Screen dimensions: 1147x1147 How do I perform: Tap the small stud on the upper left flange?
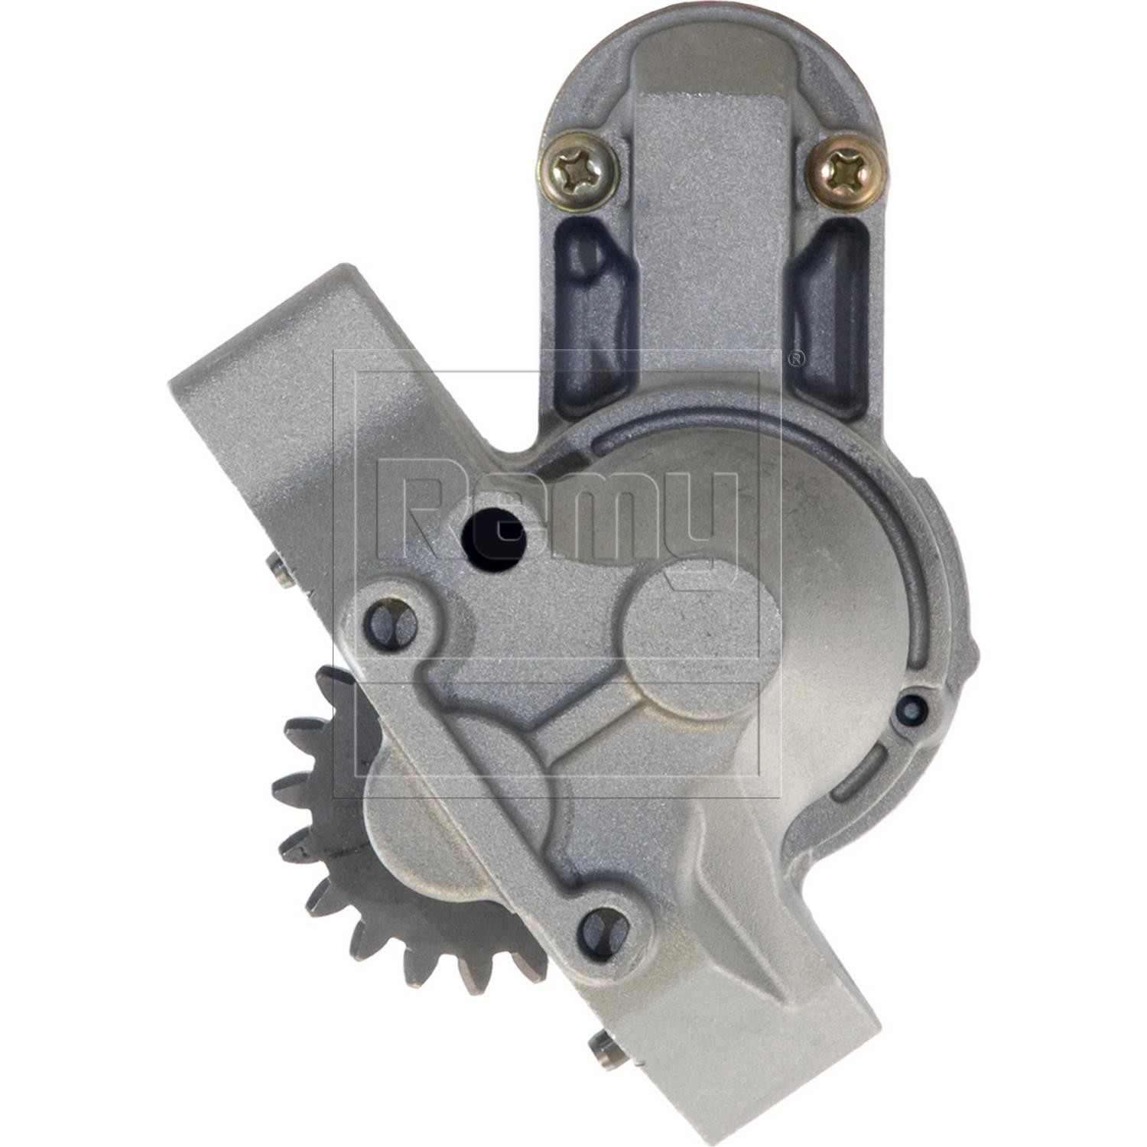pyautogui.click(x=279, y=570)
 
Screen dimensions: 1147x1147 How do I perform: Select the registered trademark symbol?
pyautogui.click(x=795, y=358)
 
